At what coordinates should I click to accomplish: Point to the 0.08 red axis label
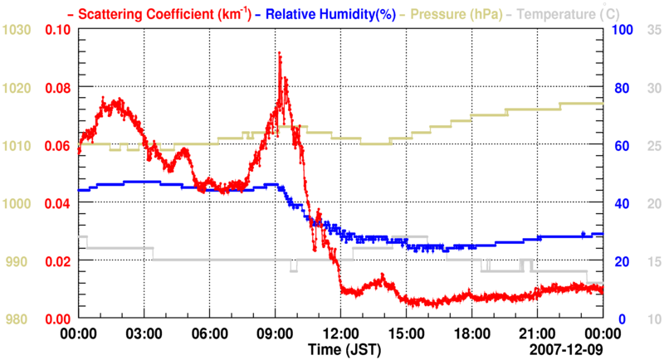[59, 88]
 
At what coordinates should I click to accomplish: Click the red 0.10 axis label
[59, 30]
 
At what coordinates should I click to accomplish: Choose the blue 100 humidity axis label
[622, 30]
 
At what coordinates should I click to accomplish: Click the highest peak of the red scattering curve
[280, 53]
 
